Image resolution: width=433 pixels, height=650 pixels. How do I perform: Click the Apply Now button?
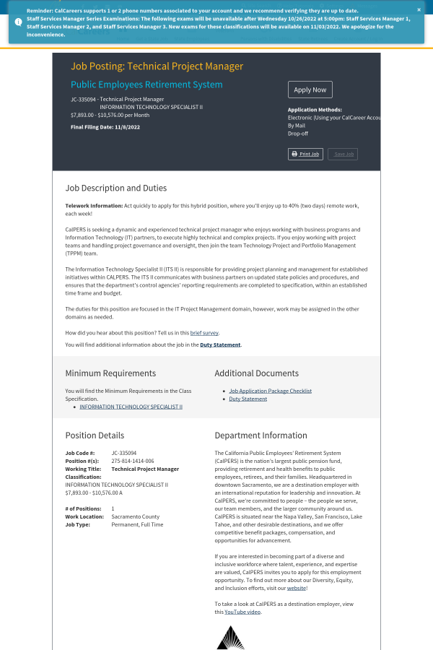(310, 90)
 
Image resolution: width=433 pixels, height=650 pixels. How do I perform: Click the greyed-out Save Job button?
(342, 154)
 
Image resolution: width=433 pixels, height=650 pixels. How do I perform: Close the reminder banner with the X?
(419, 10)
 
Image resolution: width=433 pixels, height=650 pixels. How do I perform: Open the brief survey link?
(204, 333)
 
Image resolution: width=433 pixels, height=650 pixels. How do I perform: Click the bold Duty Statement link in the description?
(221, 345)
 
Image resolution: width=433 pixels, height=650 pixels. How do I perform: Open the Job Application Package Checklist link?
(270, 391)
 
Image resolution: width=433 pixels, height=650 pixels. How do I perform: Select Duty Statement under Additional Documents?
(248, 399)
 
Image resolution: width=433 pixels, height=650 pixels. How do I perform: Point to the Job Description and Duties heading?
(116, 188)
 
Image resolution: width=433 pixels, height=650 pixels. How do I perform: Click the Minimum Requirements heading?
(110, 373)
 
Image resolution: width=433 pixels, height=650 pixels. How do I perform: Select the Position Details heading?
(95, 435)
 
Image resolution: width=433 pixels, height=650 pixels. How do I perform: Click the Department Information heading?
(261, 435)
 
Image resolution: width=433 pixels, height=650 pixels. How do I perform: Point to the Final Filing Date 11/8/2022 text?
(105, 127)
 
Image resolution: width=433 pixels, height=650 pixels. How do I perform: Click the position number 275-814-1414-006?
(133, 461)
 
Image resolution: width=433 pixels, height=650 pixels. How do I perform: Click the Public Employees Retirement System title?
(146, 84)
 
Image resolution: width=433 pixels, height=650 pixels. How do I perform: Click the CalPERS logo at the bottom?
(230, 637)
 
